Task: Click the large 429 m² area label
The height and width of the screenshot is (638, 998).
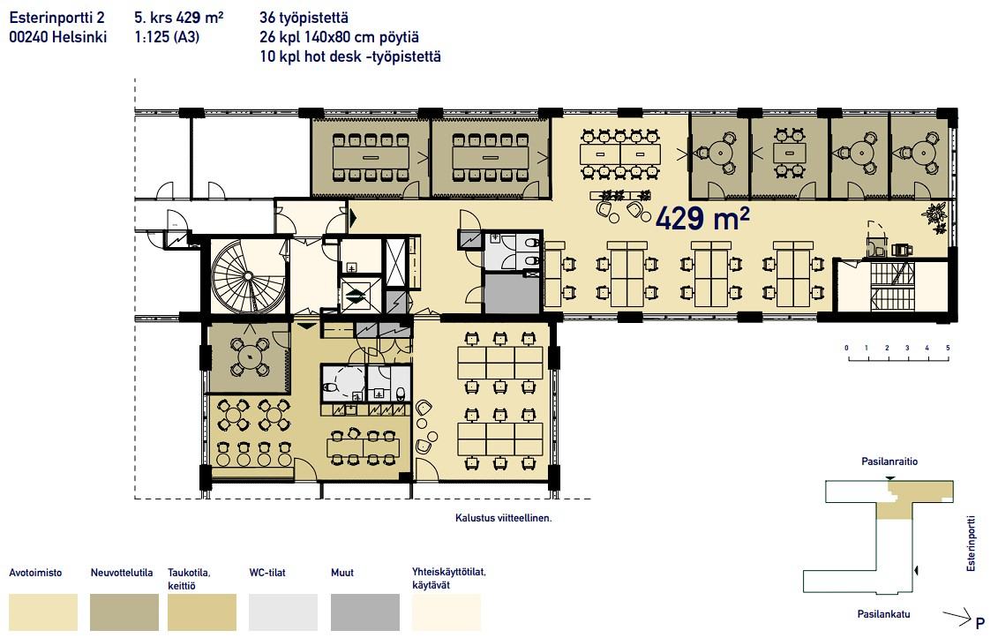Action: (702, 218)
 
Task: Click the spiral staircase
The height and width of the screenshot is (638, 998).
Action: (249, 276)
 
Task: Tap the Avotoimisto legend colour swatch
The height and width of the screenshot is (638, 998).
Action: (43, 612)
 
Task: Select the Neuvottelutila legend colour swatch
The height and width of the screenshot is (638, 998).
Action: (124, 612)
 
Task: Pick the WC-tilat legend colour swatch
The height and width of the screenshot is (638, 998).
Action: (283, 612)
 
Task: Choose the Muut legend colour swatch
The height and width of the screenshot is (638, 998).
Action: (365, 612)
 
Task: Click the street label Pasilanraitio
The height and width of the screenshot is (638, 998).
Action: (889, 462)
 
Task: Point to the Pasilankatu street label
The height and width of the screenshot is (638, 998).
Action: (883, 614)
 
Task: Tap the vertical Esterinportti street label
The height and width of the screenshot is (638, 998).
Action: (971, 543)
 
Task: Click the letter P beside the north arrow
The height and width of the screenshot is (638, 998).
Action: (980, 623)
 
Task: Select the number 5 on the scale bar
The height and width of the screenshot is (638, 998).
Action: (948, 348)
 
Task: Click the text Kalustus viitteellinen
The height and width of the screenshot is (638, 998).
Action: (504, 518)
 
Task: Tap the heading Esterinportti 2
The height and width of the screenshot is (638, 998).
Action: (56, 18)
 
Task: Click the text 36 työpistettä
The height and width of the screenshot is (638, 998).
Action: (304, 18)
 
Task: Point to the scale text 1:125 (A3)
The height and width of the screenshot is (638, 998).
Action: (167, 37)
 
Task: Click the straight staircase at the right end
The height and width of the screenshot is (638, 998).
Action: (892, 286)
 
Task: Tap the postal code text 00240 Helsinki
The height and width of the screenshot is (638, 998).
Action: (58, 37)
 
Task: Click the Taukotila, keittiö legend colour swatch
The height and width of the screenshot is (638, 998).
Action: (202, 612)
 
